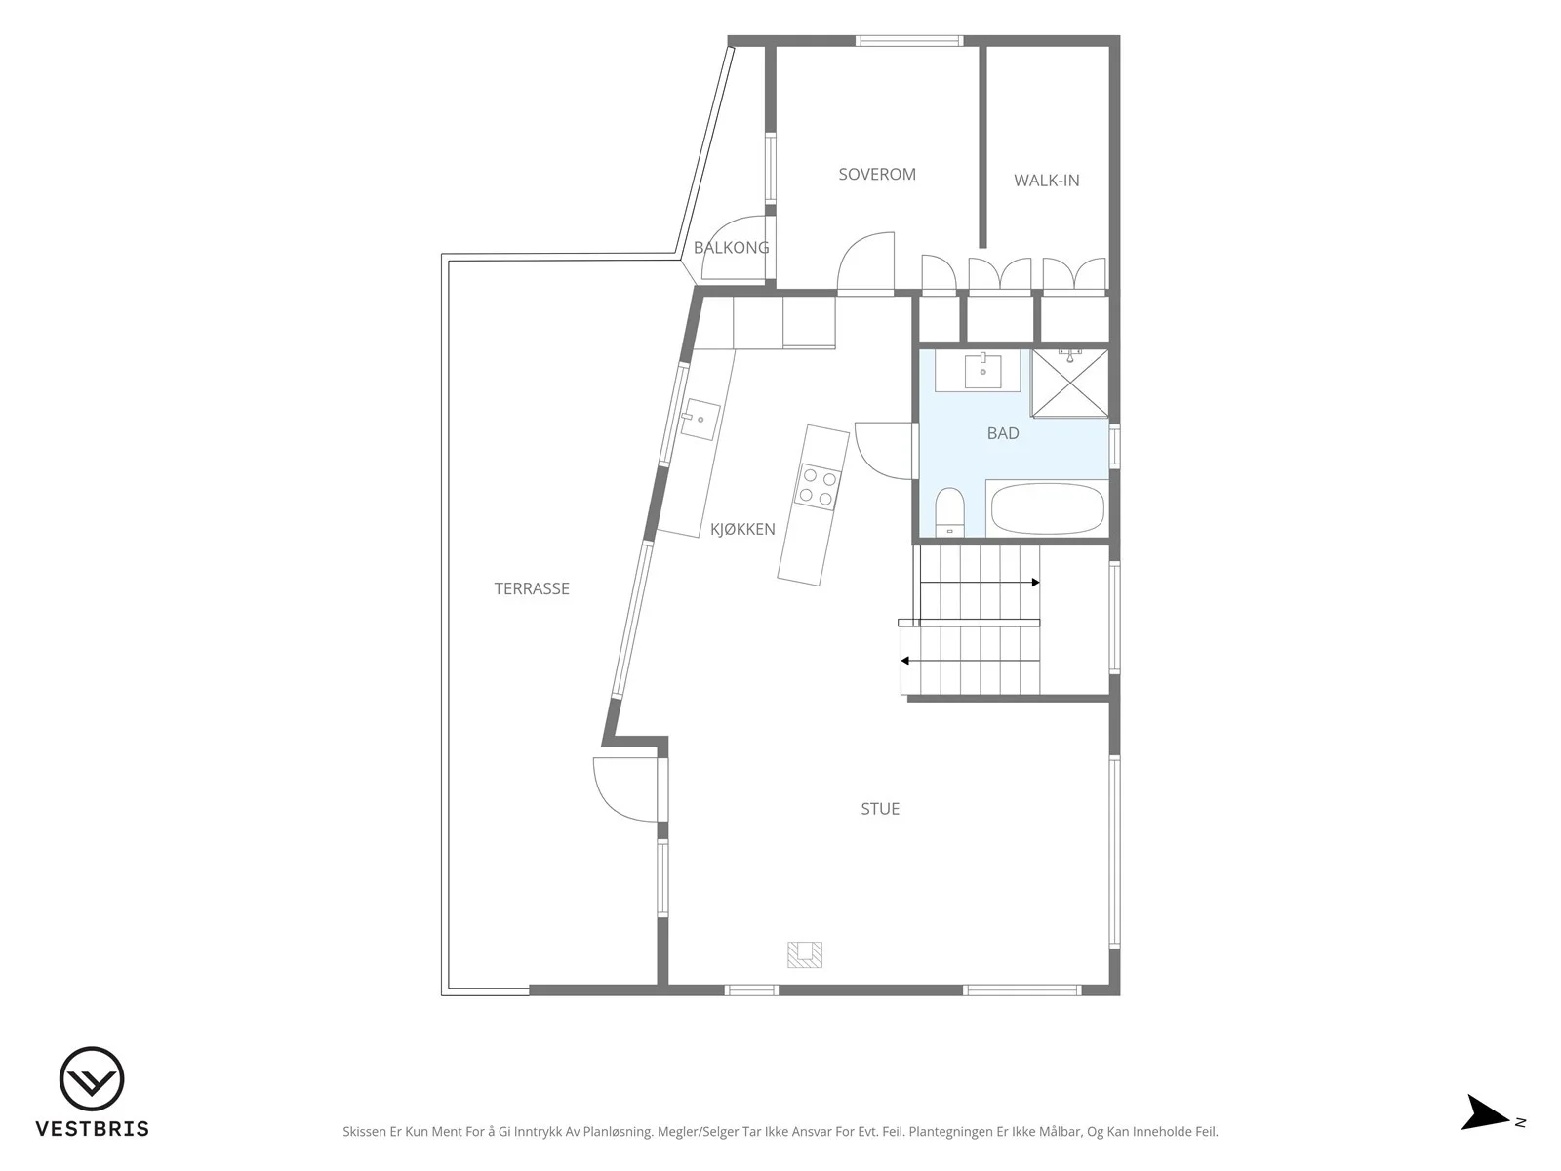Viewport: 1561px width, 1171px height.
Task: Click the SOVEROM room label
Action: pyautogui.click(x=877, y=175)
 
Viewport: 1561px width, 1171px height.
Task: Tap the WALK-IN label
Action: pyautogui.click(x=1046, y=181)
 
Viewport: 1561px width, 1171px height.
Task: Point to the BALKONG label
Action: pyautogui.click(x=731, y=248)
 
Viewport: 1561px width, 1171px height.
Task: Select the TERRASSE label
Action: pyautogui.click(x=532, y=588)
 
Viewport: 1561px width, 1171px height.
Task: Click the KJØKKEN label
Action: pyautogui.click(x=742, y=529)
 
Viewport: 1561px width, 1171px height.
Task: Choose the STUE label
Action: pyautogui.click(x=880, y=808)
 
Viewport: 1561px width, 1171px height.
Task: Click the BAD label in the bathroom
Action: pyautogui.click(x=1003, y=433)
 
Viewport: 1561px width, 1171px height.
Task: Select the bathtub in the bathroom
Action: pyautogui.click(x=1048, y=508)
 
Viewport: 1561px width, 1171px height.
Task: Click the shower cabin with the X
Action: pyautogui.click(x=1069, y=383)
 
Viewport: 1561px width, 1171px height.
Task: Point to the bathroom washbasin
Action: pyautogui.click(x=982, y=371)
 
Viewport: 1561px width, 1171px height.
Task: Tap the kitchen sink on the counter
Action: pyautogui.click(x=700, y=420)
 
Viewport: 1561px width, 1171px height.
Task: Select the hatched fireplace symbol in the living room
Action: pyautogui.click(x=805, y=955)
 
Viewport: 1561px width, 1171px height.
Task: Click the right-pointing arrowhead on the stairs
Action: pyautogui.click(x=1036, y=583)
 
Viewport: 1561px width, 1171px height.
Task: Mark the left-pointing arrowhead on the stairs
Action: pyautogui.click(x=904, y=661)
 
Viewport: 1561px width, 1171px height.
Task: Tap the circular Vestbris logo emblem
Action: pyautogui.click(x=92, y=1079)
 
